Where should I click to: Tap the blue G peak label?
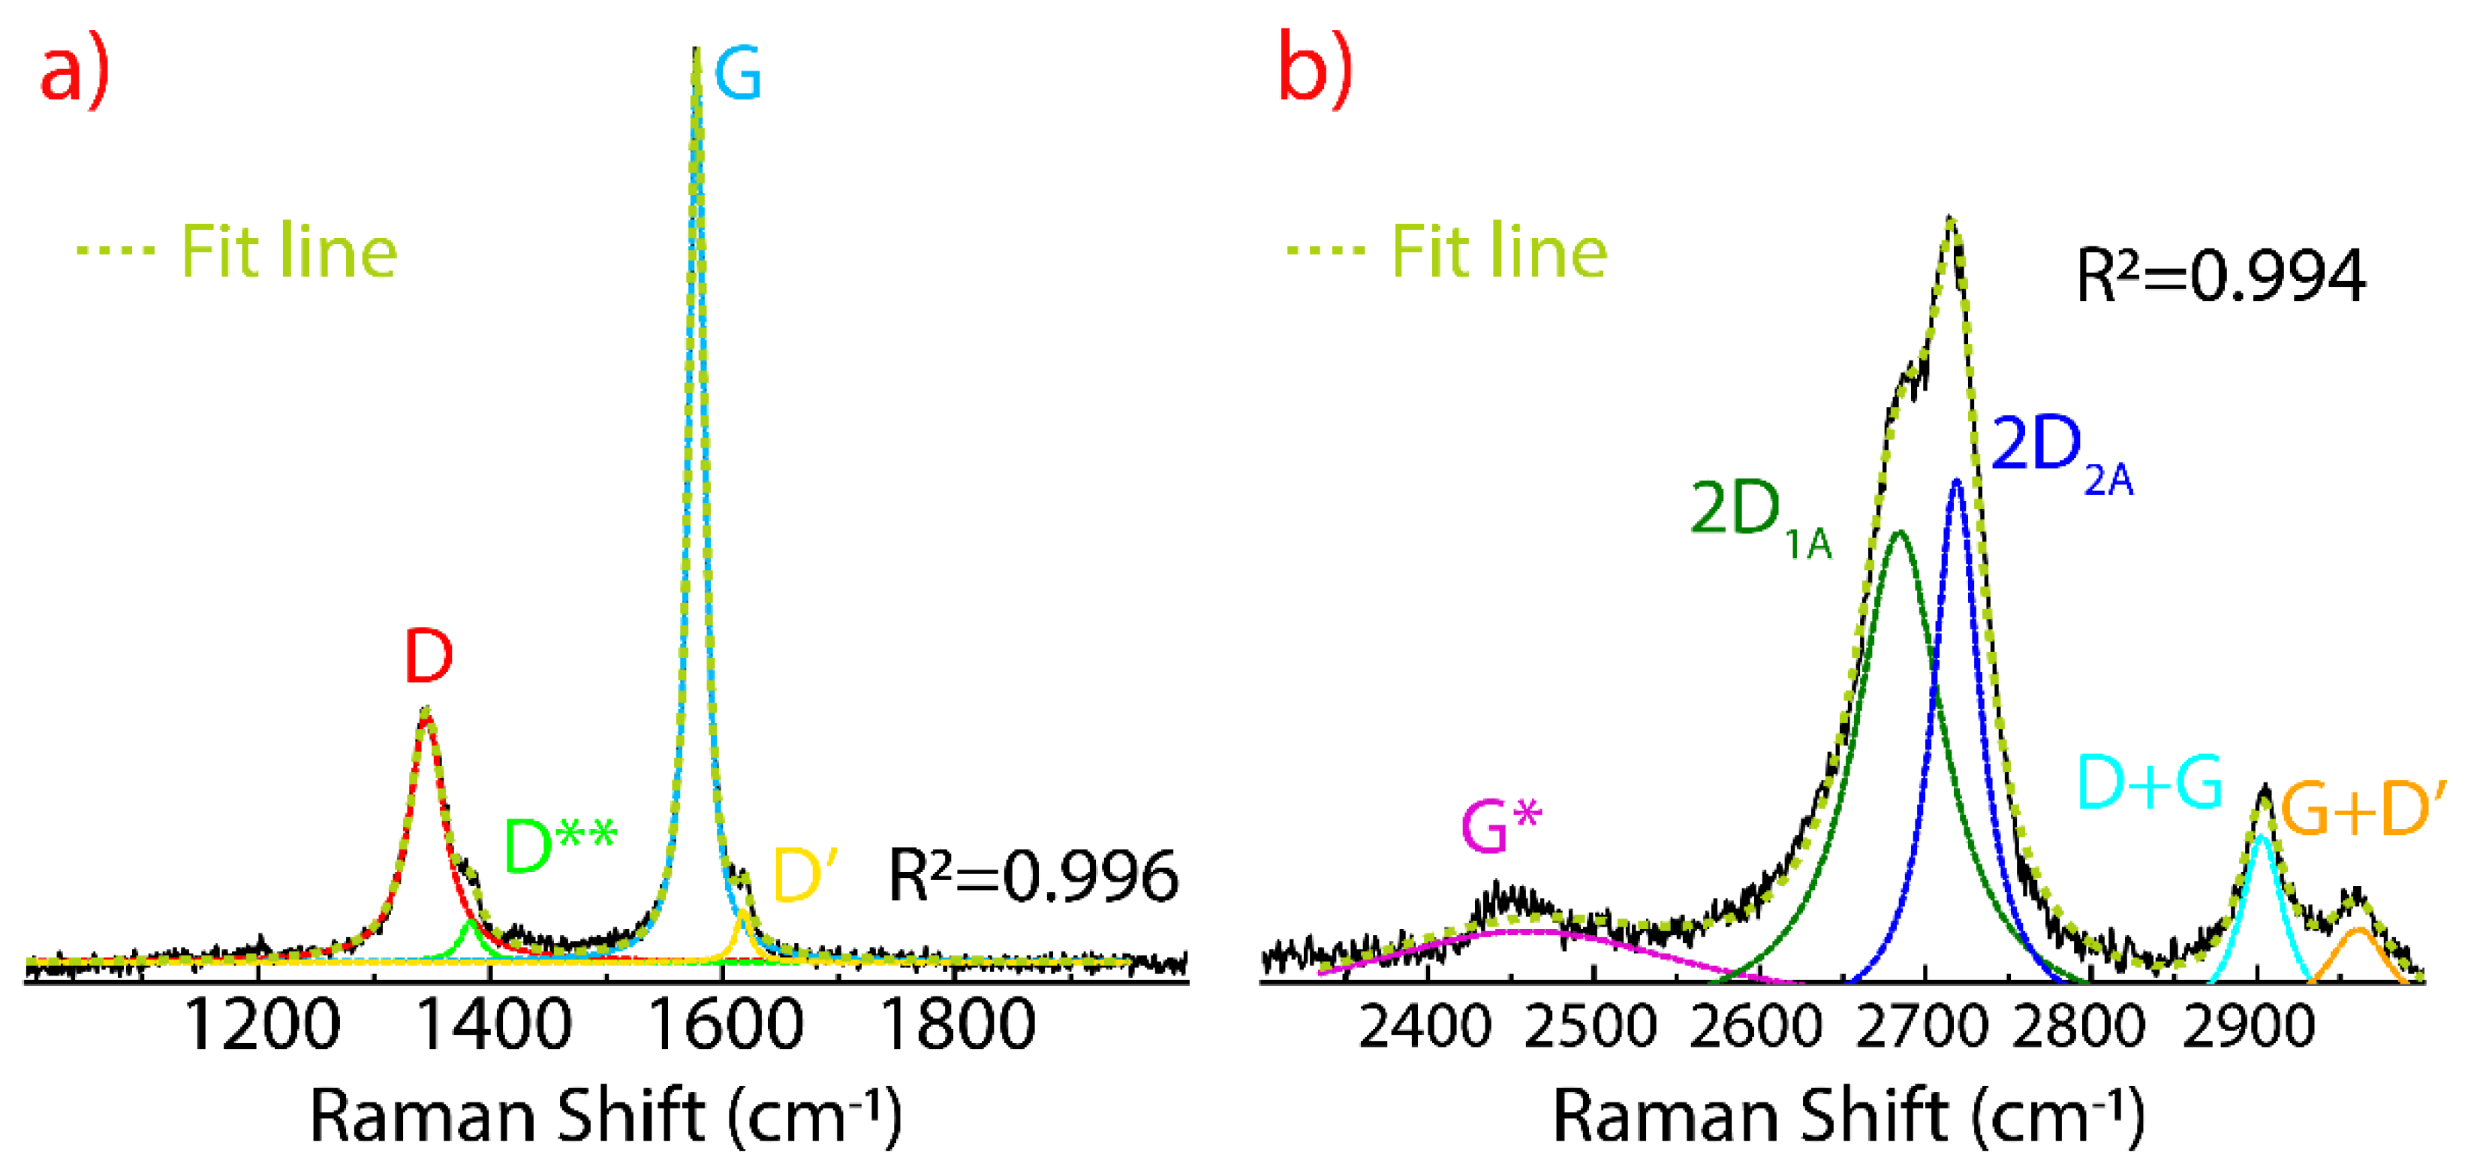click(738, 75)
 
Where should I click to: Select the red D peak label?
click(429, 657)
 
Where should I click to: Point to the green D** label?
click(560, 846)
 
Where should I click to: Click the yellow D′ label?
click(805, 874)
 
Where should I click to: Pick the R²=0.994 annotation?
click(2220, 276)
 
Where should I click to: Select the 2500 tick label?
click(1591, 1027)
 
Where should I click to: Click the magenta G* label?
click(1500, 826)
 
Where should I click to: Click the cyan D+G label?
click(2150, 783)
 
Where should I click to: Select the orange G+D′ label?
click(2363, 810)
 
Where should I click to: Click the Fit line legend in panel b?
click(1447, 252)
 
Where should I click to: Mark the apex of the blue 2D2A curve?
click(1956, 481)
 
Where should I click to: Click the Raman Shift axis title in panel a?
click(606, 1116)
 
